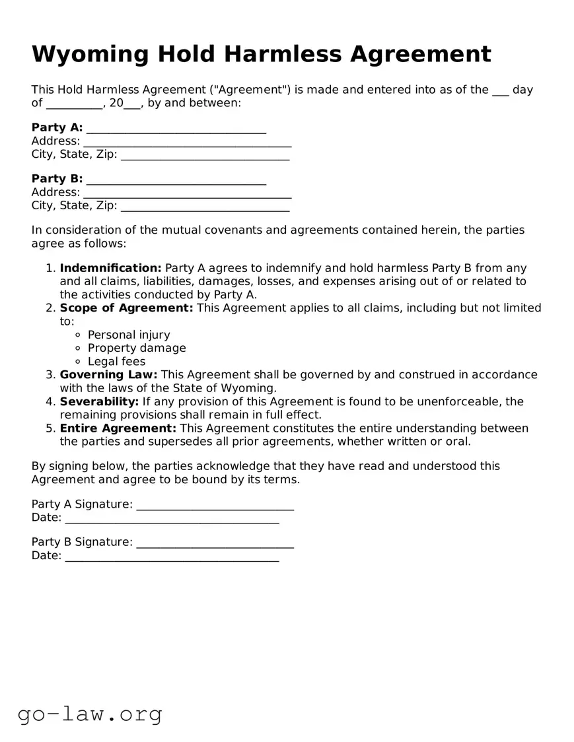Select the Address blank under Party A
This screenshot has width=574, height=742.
click(187, 142)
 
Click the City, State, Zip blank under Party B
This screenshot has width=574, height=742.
click(205, 207)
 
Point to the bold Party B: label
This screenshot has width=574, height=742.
click(57, 179)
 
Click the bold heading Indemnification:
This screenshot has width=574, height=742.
click(110, 268)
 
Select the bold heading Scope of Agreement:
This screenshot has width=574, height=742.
click(126, 308)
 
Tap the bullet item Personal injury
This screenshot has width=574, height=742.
click(129, 335)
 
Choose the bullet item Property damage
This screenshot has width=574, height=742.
click(137, 348)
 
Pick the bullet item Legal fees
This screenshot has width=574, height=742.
click(116, 362)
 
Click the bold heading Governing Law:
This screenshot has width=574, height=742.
click(108, 375)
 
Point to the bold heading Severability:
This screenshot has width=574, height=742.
click(99, 401)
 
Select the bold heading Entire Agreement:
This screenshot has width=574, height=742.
click(118, 428)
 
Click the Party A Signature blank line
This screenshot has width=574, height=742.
click(215, 506)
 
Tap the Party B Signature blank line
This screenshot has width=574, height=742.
click(215, 543)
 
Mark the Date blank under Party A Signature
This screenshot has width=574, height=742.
click(172, 519)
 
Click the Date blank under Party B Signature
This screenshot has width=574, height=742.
click(172, 556)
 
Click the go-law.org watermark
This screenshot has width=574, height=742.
click(90, 714)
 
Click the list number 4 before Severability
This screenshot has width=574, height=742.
click(50, 401)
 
